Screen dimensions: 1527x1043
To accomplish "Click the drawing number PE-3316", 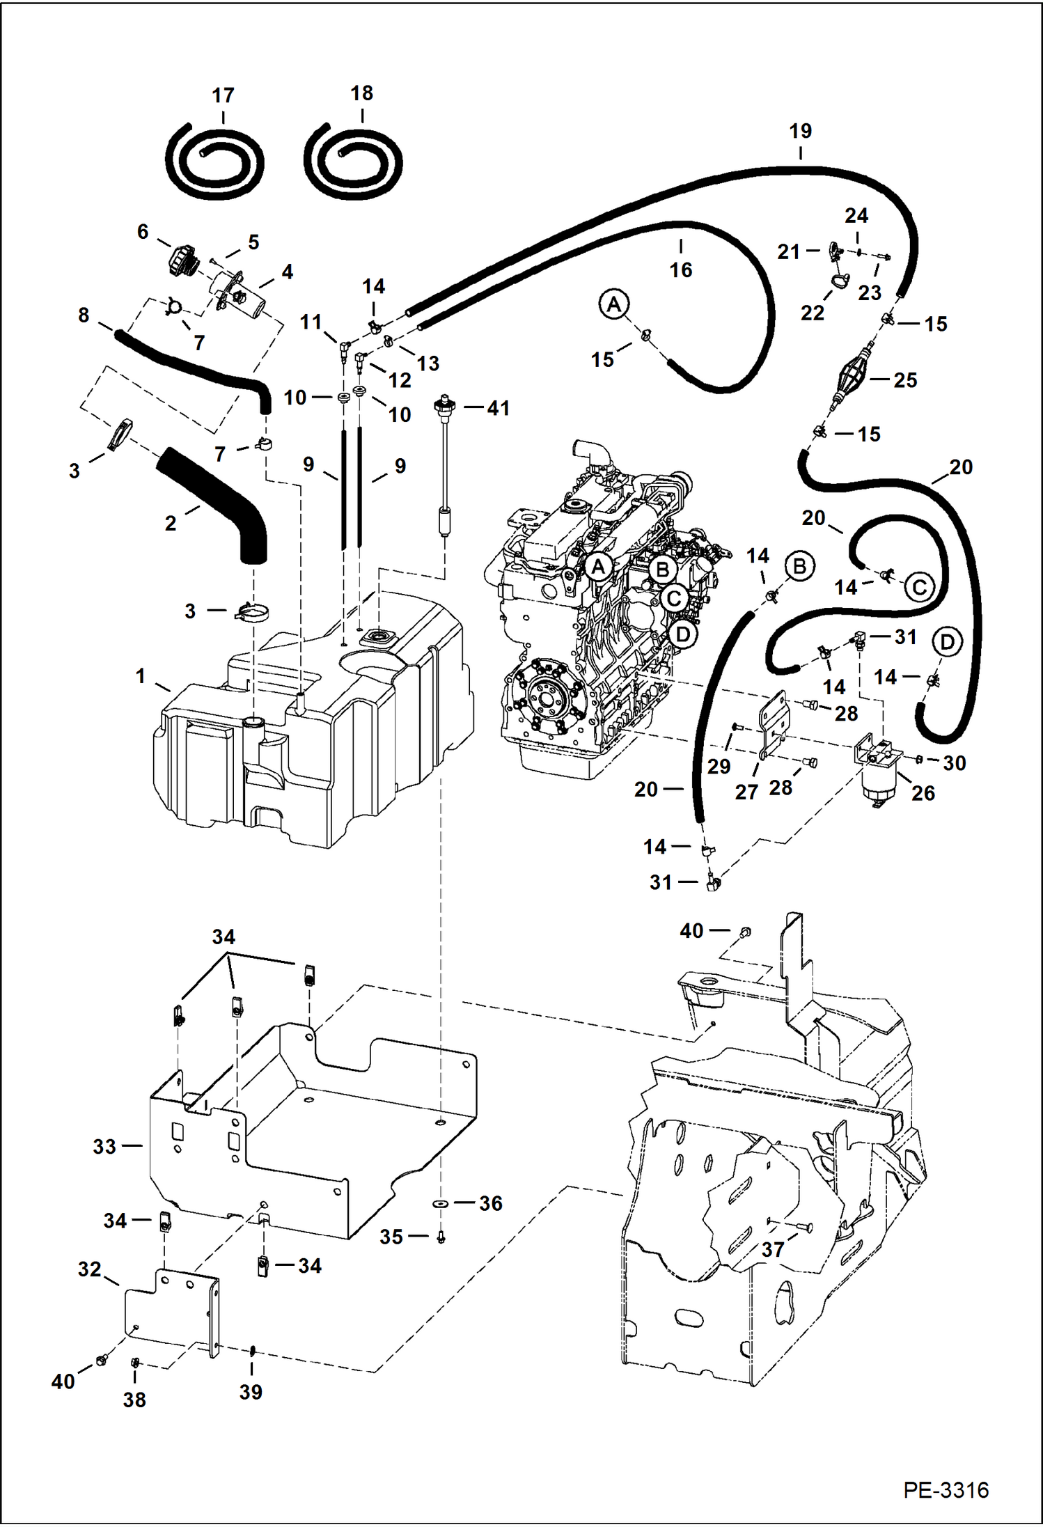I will tap(946, 1489).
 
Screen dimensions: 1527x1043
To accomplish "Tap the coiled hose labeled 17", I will tap(215, 162).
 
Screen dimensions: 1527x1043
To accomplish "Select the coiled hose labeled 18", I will tap(353, 161).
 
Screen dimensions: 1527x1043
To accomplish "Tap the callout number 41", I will tap(499, 408).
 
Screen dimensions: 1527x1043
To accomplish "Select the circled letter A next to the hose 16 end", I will tap(614, 304).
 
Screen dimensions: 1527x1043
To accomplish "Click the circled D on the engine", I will tap(682, 634).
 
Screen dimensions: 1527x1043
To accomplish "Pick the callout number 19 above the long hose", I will tap(801, 131).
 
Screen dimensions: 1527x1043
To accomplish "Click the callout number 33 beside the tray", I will tap(104, 1146).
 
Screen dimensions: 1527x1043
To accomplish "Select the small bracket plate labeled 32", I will tap(171, 1313).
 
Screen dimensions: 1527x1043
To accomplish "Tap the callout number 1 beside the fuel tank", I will tap(141, 675).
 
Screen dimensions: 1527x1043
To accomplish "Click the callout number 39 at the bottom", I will tap(251, 1392).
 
